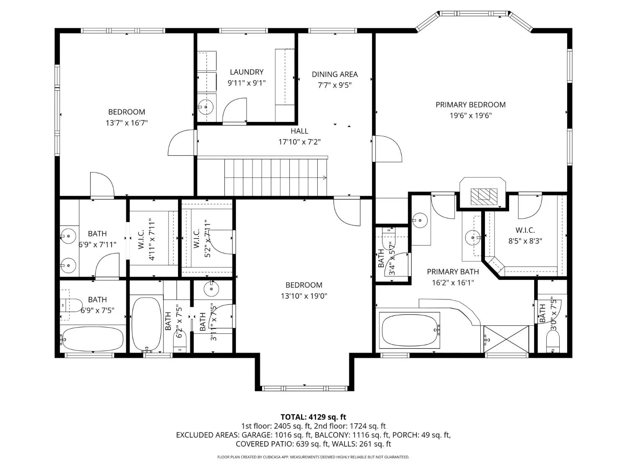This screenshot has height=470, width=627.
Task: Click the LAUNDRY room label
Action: click(247, 72)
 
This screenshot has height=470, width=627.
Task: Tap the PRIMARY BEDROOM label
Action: click(471, 105)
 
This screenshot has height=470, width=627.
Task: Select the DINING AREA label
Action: click(334, 74)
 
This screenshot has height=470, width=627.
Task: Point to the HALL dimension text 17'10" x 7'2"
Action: click(299, 142)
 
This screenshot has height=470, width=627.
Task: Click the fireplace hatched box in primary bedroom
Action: click(484, 196)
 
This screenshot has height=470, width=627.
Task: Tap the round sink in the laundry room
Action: click(206, 107)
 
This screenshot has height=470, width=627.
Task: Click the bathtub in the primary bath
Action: click(410, 330)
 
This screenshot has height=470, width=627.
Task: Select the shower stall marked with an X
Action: click(506, 339)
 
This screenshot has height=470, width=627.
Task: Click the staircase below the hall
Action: click(275, 177)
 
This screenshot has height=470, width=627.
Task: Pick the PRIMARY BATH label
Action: click(453, 272)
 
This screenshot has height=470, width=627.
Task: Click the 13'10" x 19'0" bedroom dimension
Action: click(303, 296)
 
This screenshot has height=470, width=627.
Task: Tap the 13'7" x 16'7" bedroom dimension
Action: click(127, 123)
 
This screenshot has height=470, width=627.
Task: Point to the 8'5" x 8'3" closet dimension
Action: click(525, 241)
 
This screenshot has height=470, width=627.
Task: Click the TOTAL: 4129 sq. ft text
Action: click(313, 417)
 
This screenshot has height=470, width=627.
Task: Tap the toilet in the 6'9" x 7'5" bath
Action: click(71, 305)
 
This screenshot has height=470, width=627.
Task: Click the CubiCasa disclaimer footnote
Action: click(313, 457)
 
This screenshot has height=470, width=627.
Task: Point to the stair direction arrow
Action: click(325, 178)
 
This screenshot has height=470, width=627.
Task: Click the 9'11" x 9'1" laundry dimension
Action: click(247, 83)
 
